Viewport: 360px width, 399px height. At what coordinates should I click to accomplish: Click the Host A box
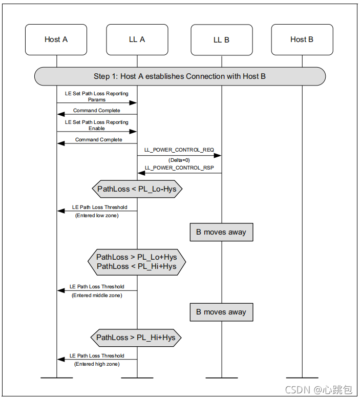[x=56, y=40]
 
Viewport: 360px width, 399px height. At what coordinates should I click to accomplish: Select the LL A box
[x=137, y=40]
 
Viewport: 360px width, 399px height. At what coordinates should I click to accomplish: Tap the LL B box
[x=222, y=40]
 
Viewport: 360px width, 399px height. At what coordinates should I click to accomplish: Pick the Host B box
[x=302, y=40]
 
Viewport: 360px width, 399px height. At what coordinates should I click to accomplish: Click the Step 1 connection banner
[x=180, y=76]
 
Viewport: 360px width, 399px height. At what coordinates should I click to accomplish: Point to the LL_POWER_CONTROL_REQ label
[x=179, y=150]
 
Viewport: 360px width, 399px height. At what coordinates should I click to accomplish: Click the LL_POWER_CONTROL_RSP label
[x=179, y=167]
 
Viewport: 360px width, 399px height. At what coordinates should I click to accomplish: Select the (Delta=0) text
[x=179, y=160]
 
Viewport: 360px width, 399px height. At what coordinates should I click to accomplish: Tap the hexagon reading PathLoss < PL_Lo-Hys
[x=137, y=189]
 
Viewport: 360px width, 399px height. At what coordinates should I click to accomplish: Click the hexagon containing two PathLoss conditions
[x=137, y=262]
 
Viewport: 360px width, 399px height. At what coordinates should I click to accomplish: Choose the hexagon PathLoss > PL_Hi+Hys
[x=136, y=338]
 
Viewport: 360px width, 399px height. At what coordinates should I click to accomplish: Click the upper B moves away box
[x=221, y=232]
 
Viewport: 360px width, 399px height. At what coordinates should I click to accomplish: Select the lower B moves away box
[x=221, y=312]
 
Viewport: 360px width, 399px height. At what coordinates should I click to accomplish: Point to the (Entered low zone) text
[x=97, y=216]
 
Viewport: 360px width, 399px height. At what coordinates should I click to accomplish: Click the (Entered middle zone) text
[x=97, y=296]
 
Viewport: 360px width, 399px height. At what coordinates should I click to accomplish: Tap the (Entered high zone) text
[x=97, y=364]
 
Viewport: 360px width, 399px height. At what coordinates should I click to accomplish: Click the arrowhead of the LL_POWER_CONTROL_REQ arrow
[x=218, y=156]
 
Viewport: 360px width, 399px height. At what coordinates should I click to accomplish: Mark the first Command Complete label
[x=97, y=111]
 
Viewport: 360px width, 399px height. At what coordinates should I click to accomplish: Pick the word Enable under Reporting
[x=97, y=129]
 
